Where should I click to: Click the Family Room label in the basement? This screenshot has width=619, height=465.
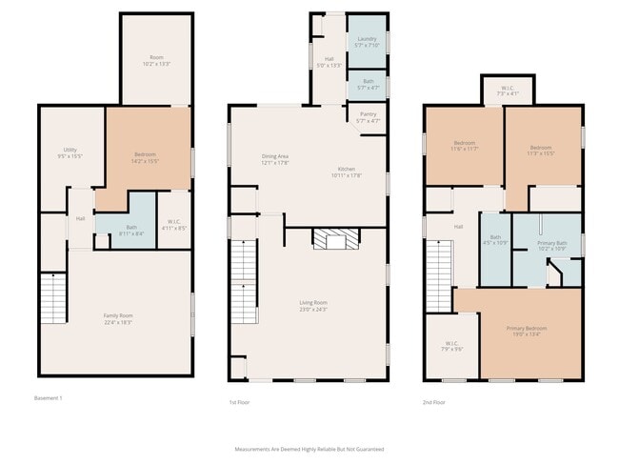[118, 318]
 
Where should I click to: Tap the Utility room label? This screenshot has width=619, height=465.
[70, 152]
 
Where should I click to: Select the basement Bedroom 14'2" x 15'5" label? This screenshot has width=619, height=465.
[145, 158]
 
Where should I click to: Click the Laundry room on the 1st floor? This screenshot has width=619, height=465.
[367, 42]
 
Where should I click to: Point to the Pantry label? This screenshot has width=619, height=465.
[367, 118]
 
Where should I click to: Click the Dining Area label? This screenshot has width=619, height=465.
[275, 159]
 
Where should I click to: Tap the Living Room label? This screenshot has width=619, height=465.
[313, 306]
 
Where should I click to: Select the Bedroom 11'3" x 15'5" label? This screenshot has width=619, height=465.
[541, 151]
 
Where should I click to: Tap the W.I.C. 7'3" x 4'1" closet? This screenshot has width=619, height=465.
[508, 91]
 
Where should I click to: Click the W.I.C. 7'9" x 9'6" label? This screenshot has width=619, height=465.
[451, 347]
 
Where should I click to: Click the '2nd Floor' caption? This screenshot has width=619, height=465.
[434, 402]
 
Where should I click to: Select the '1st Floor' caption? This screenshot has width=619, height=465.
[240, 402]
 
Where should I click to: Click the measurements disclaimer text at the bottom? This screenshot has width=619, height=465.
[309, 448]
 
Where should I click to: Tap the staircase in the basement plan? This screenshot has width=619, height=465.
[52, 297]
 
